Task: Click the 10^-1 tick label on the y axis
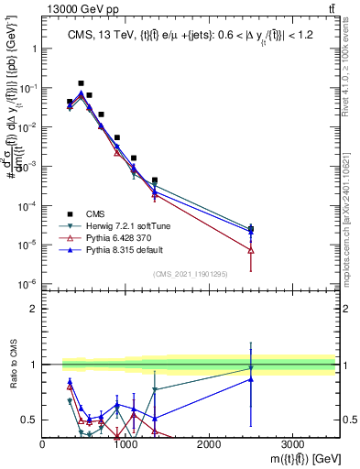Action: coord(31,89)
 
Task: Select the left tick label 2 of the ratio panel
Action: coord(35,309)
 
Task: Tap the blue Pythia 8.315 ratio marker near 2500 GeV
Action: coord(250,379)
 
